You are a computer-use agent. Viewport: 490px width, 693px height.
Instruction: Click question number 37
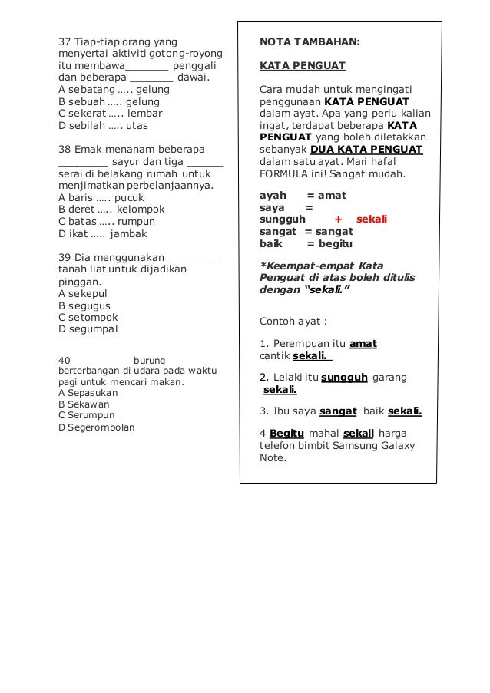click(65, 41)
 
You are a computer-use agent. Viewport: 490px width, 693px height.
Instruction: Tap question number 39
click(65, 257)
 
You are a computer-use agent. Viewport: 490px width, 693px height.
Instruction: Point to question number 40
click(65, 359)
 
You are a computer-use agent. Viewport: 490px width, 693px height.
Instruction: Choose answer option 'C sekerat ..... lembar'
click(110, 113)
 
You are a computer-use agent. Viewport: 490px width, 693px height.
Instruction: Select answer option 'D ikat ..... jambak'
click(102, 233)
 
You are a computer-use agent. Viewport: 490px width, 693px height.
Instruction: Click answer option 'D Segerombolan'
click(96, 427)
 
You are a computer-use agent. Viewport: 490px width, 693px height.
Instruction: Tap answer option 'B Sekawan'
click(84, 404)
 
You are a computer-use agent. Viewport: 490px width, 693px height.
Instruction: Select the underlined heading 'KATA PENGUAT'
click(303, 65)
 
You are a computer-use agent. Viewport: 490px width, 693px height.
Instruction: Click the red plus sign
click(338, 219)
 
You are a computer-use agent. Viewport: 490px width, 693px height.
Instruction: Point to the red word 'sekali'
click(372, 219)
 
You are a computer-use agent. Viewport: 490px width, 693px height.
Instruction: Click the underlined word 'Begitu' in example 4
click(287, 433)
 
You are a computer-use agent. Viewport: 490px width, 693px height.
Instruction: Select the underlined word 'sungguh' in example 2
click(344, 378)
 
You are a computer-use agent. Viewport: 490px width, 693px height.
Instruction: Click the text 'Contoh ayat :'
click(293, 321)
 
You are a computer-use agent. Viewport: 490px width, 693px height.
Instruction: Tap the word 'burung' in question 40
click(154, 359)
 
